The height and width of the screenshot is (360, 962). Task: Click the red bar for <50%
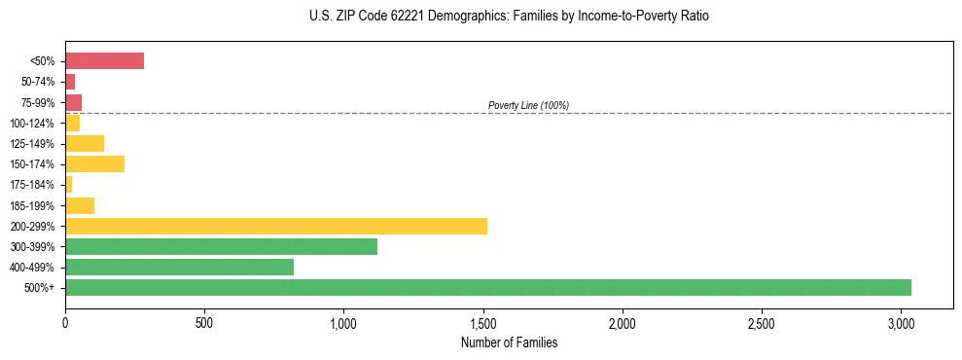tap(104, 61)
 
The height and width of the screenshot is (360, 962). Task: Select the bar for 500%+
tap(487, 287)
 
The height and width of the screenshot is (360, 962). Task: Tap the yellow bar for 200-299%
tap(275, 226)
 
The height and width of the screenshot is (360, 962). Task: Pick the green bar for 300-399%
tap(221, 246)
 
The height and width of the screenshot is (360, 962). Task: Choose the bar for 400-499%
tap(179, 267)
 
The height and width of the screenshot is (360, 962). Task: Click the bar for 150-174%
tap(94, 163)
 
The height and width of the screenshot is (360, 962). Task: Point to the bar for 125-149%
tap(85, 143)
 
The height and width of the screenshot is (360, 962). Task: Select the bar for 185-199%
tap(80, 205)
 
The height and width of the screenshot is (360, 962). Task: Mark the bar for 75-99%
tap(73, 102)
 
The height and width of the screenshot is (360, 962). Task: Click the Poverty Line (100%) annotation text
tap(528, 105)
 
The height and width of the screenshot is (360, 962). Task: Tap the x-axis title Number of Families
tap(509, 342)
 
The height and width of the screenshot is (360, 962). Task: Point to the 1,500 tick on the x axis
tap(482, 321)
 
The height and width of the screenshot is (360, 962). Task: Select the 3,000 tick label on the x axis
tap(901, 321)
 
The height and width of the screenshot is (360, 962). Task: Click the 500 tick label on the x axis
tap(204, 321)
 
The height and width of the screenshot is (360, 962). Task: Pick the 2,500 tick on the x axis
tap(762, 321)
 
